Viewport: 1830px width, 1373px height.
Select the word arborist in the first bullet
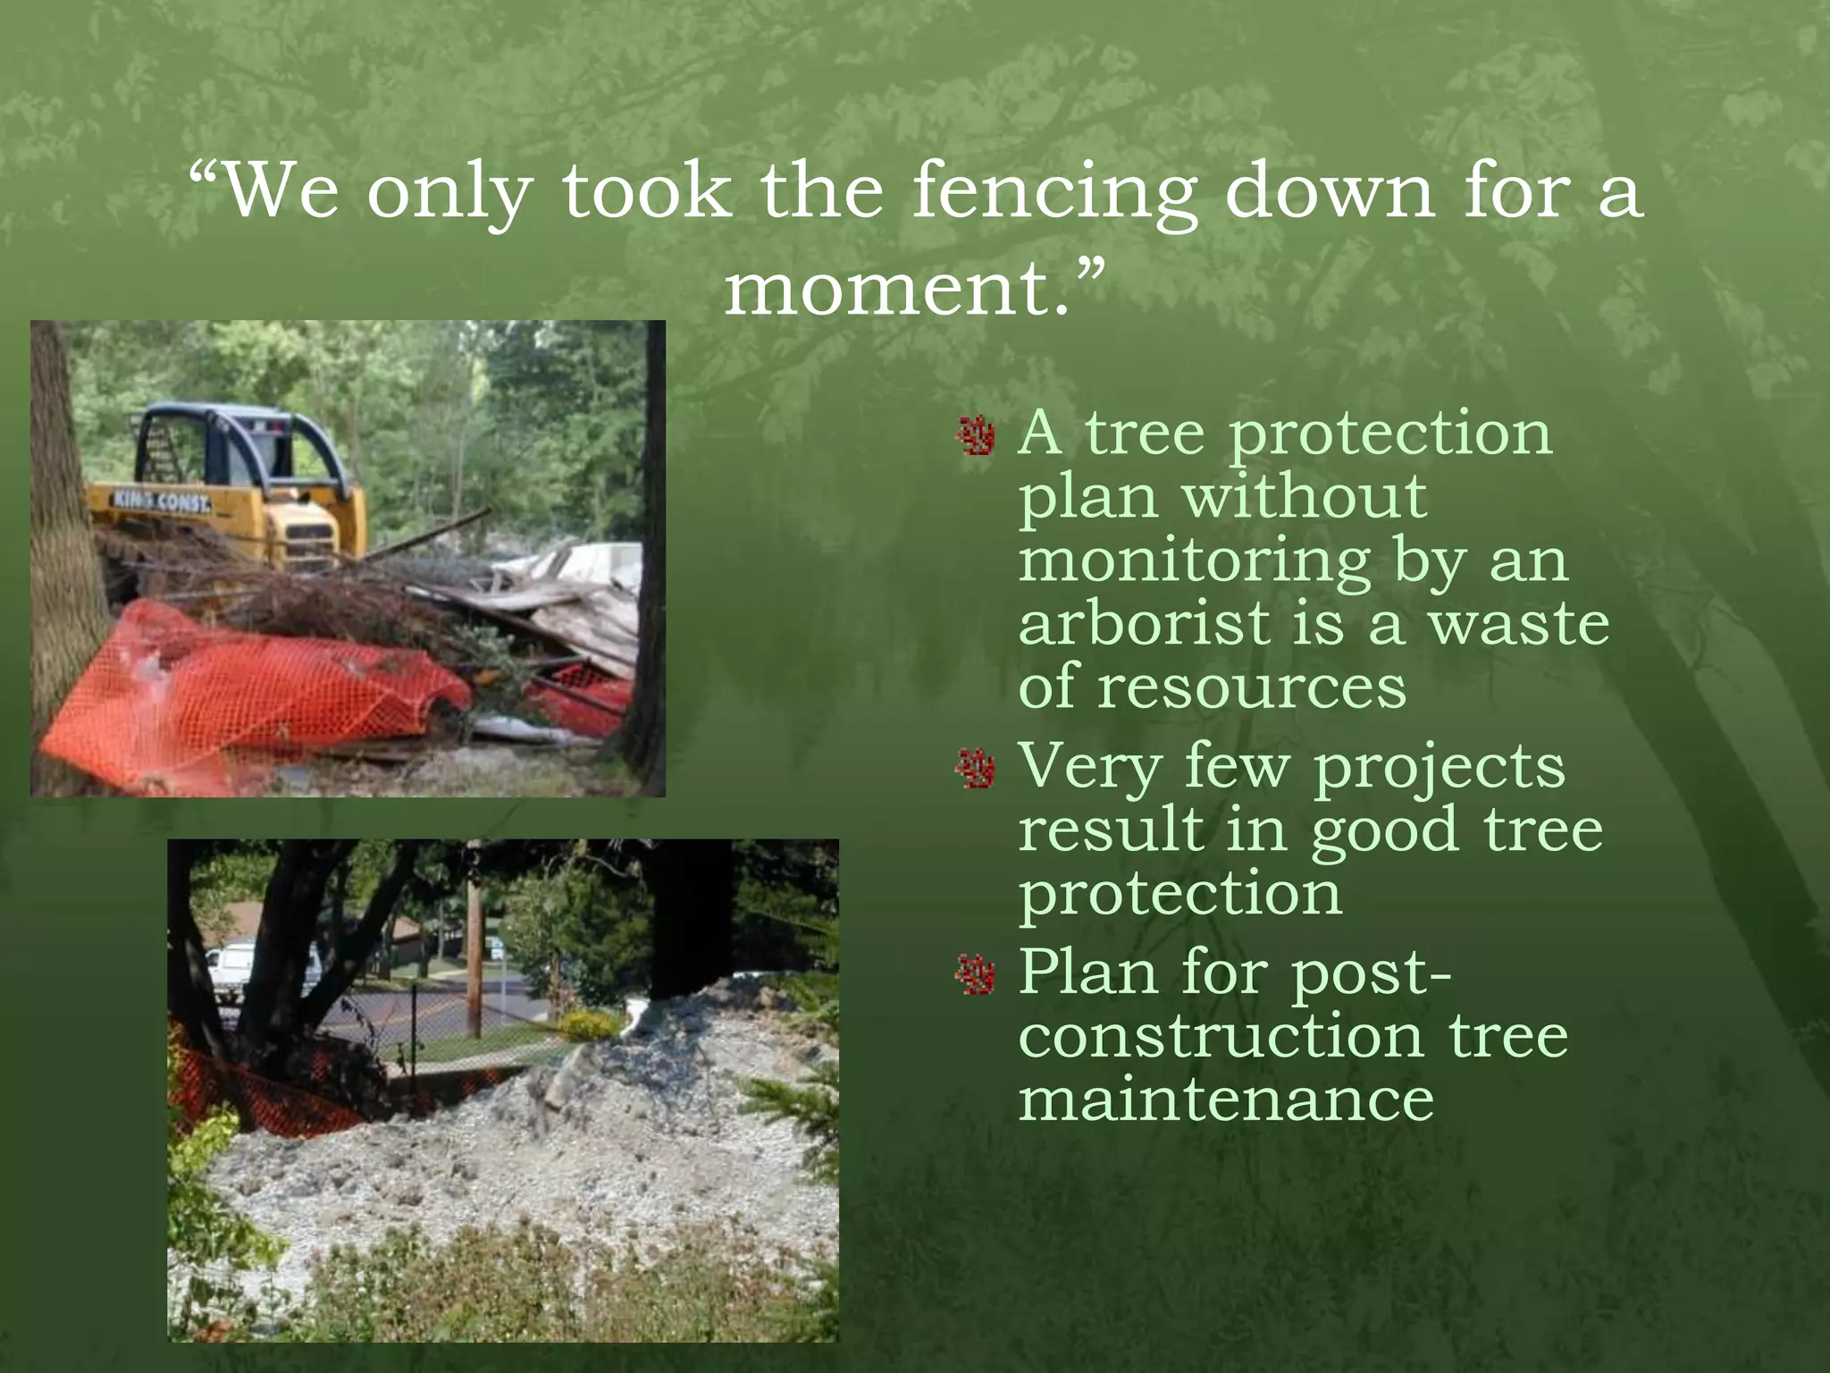click(1144, 623)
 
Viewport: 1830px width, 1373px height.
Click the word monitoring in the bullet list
click(1194, 562)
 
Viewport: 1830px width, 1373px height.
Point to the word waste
click(1519, 623)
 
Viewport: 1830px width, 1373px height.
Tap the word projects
click(1439, 768)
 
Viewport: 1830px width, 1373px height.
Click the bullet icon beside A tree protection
click(976, 436)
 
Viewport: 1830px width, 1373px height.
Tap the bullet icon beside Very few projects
click(976, 770)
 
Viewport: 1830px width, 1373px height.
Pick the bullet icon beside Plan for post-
click(976, 974)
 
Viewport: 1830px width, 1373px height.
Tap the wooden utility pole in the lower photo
click(474, 948)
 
